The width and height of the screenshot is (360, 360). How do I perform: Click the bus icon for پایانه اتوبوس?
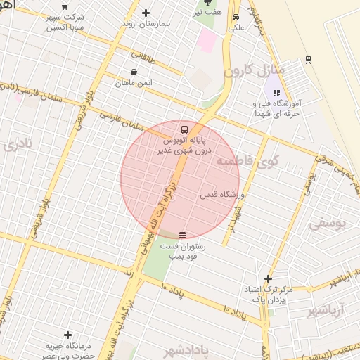[184, 129]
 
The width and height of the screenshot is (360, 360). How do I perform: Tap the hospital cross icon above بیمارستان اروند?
[146, 13]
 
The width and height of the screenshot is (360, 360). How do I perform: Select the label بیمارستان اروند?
[146, 24]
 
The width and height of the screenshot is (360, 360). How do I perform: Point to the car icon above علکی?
[236, 18]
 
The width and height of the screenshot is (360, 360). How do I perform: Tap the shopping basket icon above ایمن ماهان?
[134, 72]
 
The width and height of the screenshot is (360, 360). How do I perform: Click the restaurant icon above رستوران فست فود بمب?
[183, 235]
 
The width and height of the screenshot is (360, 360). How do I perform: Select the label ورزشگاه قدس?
[221, 194]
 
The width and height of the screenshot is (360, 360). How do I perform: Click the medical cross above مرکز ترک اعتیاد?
[267, 278]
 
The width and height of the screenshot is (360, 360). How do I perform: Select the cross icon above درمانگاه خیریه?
[67, 335]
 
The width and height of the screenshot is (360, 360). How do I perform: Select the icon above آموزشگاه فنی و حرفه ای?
[276, 92]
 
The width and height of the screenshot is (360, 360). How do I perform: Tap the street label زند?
[128, 271]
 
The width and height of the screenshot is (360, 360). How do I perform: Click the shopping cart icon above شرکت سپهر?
[65, 5]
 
